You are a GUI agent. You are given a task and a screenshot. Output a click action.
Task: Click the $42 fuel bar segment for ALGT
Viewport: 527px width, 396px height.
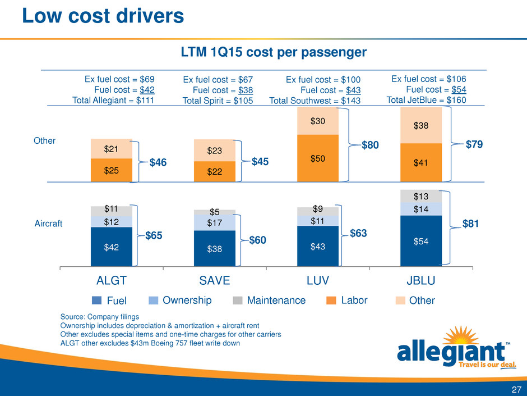[112, 247]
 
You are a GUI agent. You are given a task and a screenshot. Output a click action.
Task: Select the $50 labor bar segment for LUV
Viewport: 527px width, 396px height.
[318, 158]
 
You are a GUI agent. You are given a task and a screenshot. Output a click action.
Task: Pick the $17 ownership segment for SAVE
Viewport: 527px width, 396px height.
[215, 223]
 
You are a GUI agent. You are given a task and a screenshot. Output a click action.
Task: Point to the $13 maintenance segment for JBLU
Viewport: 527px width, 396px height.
[421, 196]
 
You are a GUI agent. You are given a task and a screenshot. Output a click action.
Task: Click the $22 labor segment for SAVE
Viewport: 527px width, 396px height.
[215, 172]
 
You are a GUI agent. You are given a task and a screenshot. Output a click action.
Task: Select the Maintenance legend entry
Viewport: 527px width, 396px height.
[269, 301]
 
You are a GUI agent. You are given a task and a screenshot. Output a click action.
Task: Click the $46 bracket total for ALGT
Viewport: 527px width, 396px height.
[159, 164]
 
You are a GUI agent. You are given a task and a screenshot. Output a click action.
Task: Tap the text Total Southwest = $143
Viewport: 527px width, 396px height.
[315, 101]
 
